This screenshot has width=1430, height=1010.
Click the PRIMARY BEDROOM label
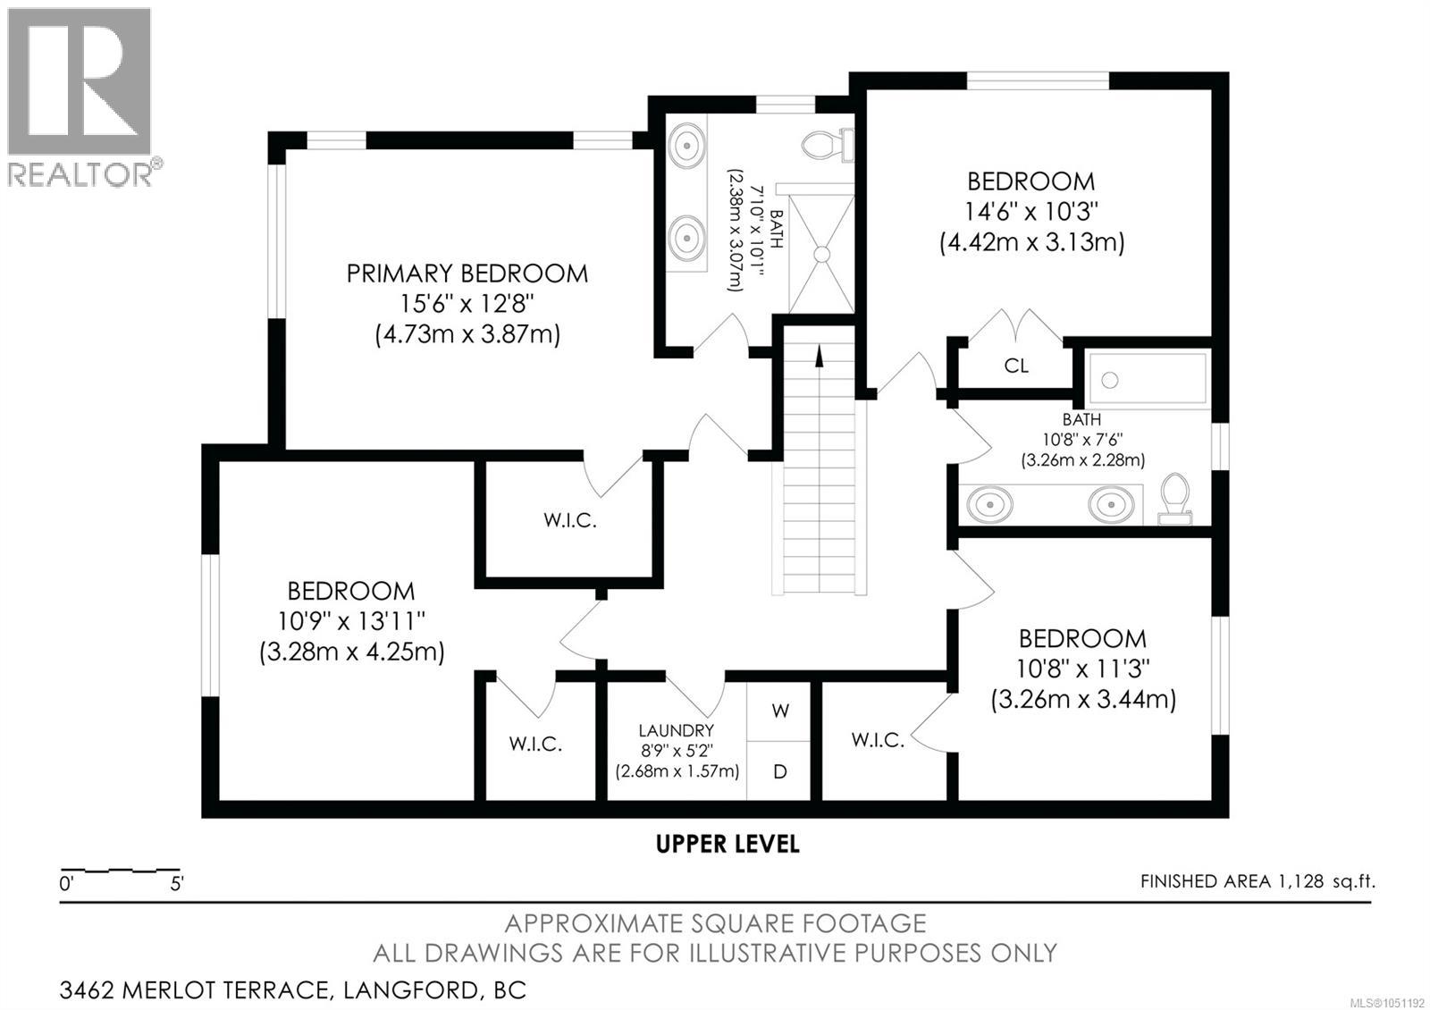(x=467, y=274)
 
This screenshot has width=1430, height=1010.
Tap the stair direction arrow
(x=819, y=356)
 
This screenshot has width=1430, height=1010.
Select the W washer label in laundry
(x=780, y=711)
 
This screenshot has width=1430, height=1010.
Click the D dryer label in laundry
(x=780, y=772)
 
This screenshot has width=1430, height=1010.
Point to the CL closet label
(x=1016, y=366)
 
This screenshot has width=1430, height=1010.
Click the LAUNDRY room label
(x=677, y=730)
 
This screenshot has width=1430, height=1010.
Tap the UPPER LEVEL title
(x=728, y=844)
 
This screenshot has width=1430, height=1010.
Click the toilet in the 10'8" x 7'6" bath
(x=1175, y=499)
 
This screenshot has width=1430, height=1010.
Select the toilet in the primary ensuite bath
(x=828, y=144)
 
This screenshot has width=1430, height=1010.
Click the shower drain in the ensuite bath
(x=822, y=254)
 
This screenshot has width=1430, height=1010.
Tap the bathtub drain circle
(x=1110, y=380)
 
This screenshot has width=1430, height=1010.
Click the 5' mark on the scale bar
(x=177, y=884)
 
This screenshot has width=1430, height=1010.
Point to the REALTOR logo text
(x=81, y=174)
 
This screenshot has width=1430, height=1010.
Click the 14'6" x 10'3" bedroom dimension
(x=1031, y=211)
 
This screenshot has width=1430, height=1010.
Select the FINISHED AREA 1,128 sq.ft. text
(x=1258, y=881)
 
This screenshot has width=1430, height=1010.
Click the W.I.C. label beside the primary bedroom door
(x=570, y=520)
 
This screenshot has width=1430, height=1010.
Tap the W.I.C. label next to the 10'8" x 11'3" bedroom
(x=878, y=740)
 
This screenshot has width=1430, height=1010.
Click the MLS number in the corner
(x=1389, y=1002)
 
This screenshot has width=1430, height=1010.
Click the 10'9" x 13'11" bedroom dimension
(x=351, y=620)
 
